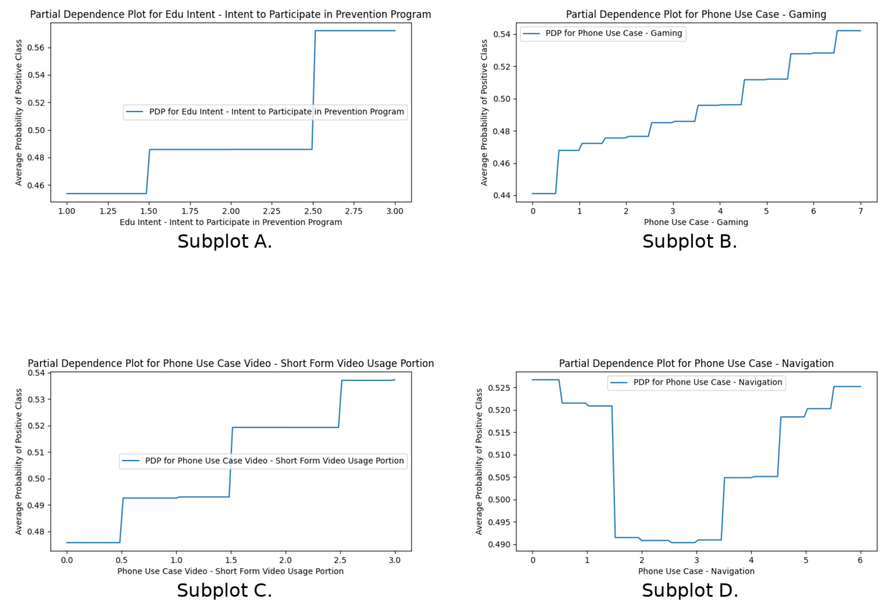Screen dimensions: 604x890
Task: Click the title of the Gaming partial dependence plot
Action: pyautogui.click(x=696, y=15)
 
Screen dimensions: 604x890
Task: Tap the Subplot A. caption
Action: pyautogui.click(x=224, y=242)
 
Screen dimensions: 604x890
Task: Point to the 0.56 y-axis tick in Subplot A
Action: pyautogui.click(x=36, y=48)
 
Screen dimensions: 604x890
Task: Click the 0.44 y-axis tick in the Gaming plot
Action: pyautogui.click(x=501, y=196)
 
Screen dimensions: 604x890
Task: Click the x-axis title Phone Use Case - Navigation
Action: pyautogui.click(x=696, y=571)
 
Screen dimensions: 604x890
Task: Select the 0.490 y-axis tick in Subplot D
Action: pyautogui.click(x=499, y=544)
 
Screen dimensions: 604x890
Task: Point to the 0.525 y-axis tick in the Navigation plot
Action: pyautogui.click(x=499, y=388)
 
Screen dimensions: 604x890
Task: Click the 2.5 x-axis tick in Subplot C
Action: pyautogui.click(x=340, y=560)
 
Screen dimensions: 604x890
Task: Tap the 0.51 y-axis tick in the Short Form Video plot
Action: pyautogui.click(x=36, y=452)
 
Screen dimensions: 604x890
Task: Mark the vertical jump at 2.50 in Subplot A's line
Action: pyautogui.click(x=314, y=90)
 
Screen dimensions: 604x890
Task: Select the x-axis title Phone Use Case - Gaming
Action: pyautogui.click(x=696, y=222)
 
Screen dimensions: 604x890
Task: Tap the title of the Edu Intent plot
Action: pyautogui.click(x=231, y=15)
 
